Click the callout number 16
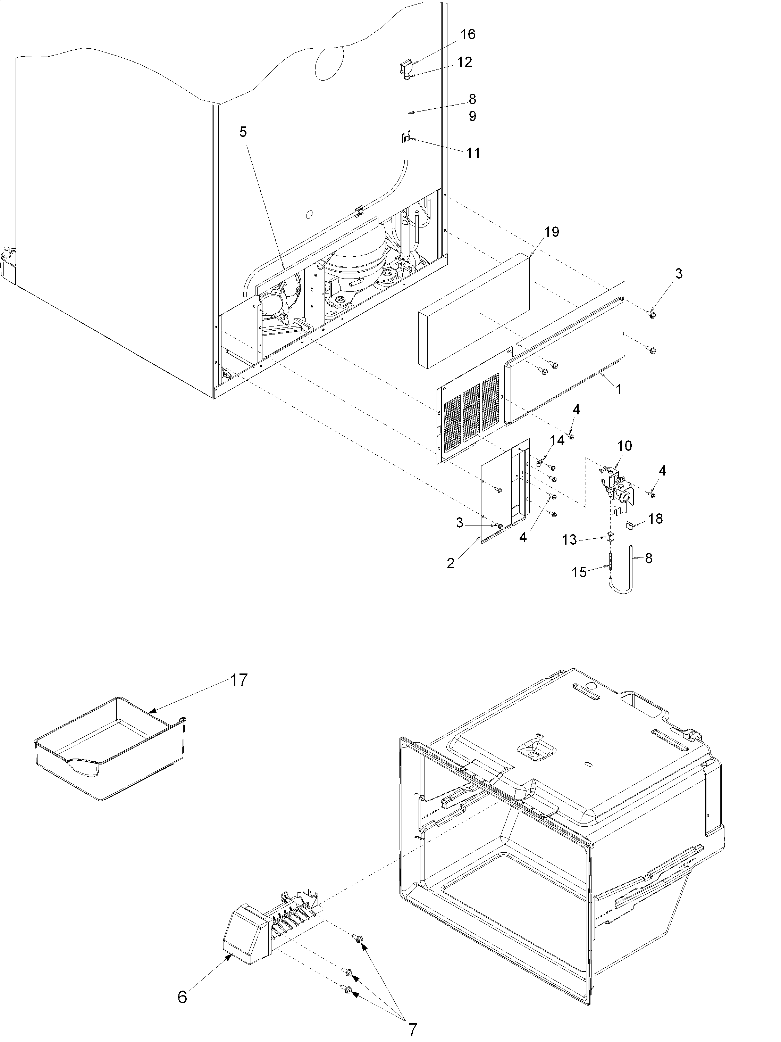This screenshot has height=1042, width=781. [x=468, y=34]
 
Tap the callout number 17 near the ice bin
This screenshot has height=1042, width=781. [x=239, y=680]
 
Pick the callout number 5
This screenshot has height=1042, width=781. [x=243, y=132]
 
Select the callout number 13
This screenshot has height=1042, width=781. [x=570, y=540]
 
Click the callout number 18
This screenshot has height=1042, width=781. [x=655, y=519]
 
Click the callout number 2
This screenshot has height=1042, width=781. [x=451, y=563]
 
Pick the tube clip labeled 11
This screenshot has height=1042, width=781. [x=405, y=138]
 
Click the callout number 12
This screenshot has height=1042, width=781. [x=465, y=62]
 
